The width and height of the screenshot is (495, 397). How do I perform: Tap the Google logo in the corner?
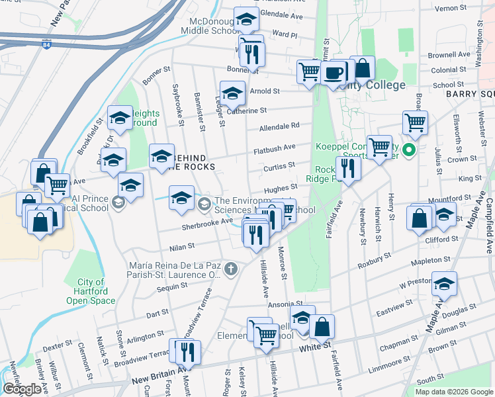point(22,389)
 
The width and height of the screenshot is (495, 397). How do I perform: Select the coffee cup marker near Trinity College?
point(334,72)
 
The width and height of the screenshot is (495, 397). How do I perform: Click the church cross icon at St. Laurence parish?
point(230,269)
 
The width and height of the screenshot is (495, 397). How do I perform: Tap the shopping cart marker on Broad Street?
point(415,122)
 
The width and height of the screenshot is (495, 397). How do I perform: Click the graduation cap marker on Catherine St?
point(232,94)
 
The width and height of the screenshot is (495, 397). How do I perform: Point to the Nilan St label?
point(181,246)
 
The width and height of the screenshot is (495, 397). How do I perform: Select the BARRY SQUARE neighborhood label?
point(469,95)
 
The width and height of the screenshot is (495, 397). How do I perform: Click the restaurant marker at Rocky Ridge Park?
point(347,169)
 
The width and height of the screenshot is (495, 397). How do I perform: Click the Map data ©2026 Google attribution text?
point(454,392)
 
